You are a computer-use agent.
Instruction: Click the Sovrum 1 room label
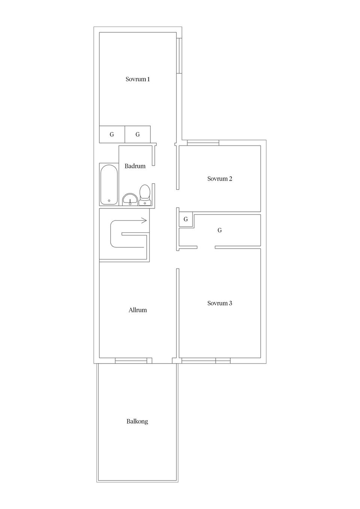(x=138, y=79)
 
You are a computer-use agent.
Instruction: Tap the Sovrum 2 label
(x=219, y=179)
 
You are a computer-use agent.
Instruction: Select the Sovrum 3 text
(x=219, y=303)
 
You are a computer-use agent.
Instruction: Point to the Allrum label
(x=138, y=310)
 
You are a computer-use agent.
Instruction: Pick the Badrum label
(x=135, y=166)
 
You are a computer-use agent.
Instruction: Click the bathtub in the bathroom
(x=109, y=184)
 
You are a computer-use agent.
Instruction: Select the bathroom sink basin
(x=130, y=199)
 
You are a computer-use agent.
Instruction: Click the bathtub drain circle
(x=109, y=201)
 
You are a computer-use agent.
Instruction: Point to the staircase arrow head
(x=144, y=220)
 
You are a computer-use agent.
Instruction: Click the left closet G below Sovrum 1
(x=112, y=135)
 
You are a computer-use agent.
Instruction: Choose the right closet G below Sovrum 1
(x=138, y=135)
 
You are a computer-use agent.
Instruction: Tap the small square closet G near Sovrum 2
(x=186, y=219)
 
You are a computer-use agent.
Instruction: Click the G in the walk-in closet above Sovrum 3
(x=219, y=231)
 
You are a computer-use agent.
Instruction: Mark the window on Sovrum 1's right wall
(x=179, y=56)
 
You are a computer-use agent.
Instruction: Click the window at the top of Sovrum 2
(x=203, y=143)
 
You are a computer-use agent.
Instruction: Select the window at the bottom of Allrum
(x=131, y=361)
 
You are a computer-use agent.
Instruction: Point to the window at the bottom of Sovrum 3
(x=206, y=361)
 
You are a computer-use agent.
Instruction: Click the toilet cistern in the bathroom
(x=145, y=203)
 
